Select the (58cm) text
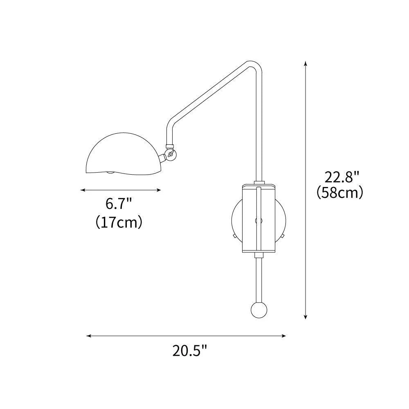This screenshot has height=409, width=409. [340, 193]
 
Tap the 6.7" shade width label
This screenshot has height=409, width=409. [119, 203]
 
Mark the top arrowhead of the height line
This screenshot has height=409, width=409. [305, 63]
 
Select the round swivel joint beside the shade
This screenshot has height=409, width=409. [171, 155]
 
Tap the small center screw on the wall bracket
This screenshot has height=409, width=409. [258, 220]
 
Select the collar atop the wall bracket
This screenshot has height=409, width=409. [258, 182]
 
